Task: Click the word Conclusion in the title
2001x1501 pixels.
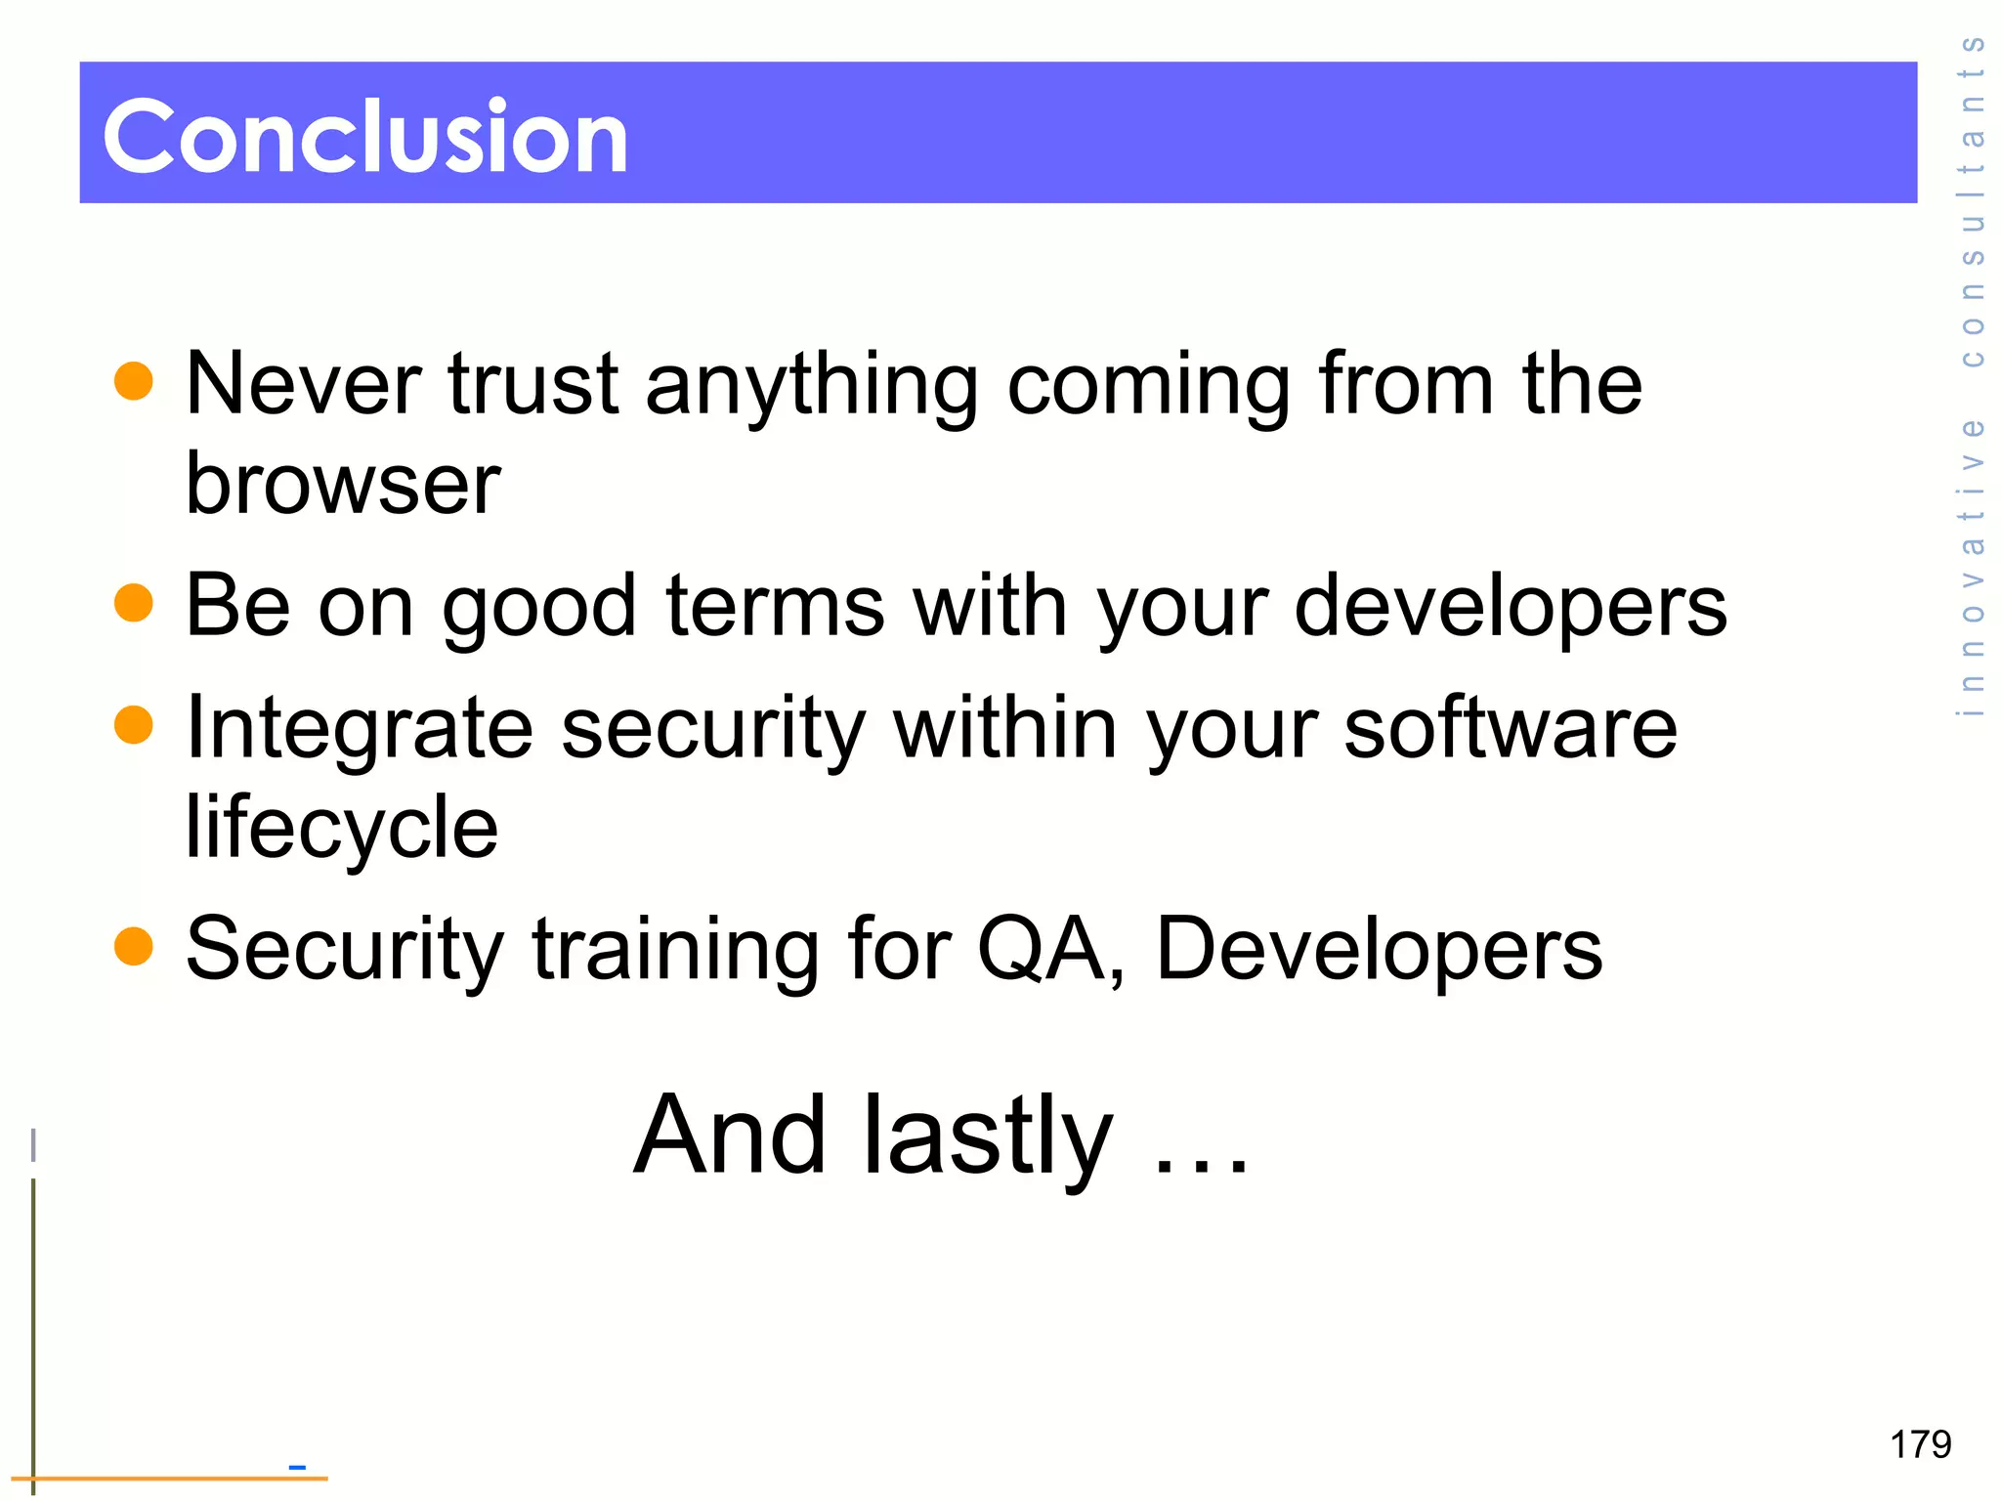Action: click(365, 138)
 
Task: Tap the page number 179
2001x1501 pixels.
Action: click(1920, 1444)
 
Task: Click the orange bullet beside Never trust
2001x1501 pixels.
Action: click(134, 381)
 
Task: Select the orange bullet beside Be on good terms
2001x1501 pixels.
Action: click(134, 603)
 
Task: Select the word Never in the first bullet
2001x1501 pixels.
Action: click(304, 383)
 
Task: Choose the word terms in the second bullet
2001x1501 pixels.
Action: click(775, 606)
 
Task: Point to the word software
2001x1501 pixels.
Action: click(1511, 728)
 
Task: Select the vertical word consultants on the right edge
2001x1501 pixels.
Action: click(1972, 200)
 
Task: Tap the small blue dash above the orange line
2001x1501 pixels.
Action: click(297, 1467)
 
